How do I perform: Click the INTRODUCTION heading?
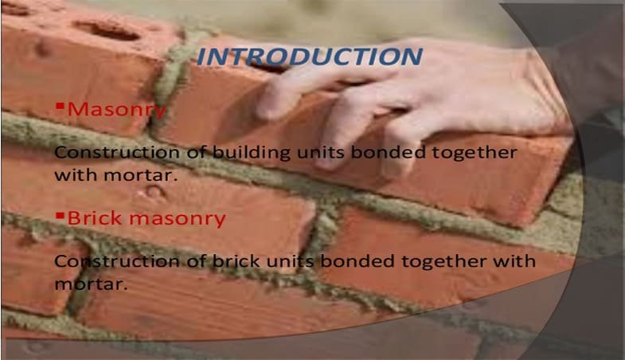click(308, 57)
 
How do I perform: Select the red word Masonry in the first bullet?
click(117, 110)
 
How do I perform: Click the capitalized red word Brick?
click(93, 217)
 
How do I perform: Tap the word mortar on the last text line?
click(88, 283)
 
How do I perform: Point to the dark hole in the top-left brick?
click(107, 30)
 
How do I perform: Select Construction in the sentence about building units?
click(106, 151)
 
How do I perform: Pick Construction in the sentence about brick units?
click(106, 260)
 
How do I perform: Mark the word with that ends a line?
click(515, 260)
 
